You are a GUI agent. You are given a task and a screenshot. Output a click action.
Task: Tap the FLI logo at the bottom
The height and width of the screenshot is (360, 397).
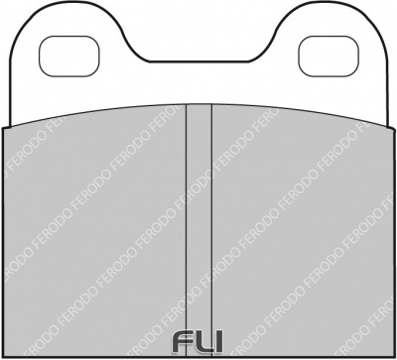pos(199,342)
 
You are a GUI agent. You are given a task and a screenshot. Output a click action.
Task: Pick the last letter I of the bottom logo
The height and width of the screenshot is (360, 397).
pos(220,342)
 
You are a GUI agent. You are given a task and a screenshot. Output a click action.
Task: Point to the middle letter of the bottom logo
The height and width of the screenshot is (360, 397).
pos(202,342)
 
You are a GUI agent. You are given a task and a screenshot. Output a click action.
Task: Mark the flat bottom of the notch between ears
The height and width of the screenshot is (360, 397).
pos(199,62)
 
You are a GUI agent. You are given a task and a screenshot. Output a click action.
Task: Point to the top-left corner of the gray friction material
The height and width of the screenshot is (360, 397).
pos(6,127)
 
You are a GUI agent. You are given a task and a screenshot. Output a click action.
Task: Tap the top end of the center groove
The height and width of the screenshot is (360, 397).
pos(199,105)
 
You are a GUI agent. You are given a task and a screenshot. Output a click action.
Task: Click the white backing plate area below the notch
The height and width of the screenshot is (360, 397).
pos(199,84)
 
